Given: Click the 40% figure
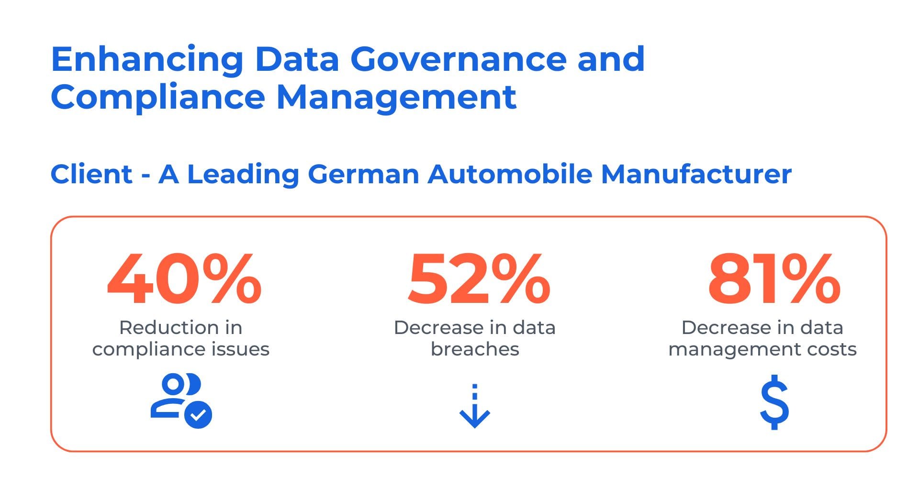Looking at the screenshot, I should pyautogui.click(x=184, y=280).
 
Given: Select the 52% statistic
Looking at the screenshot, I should pyautogui.click(x=478, y=280).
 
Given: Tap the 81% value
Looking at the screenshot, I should pyautogui.click(x=773, y=280).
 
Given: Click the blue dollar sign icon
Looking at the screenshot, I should pyautogui.click(x=774, y=402).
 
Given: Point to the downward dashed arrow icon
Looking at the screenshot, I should pyautogui.click(x=474, y=406).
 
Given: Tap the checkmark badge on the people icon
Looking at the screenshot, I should pyautogui.click(x=198, y=414).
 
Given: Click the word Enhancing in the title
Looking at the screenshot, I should pyautogui.click(x=147, y=60).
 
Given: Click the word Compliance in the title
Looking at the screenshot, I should pyautogui.click(x=157, y=97).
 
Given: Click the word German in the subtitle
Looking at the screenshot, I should pyautogui.click(x=363, y=174).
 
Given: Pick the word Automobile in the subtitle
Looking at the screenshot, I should pyautogui.click(x=509, y=174).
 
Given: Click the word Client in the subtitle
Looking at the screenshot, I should pyautogui.click(x=91, y=174).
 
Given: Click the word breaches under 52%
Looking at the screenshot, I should pyautogui.click(x=474, y=349).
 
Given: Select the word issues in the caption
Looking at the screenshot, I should pyautogui.click(x=242, y=349).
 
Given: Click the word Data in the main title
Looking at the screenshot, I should pyautogui.click(x=297, y=60).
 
